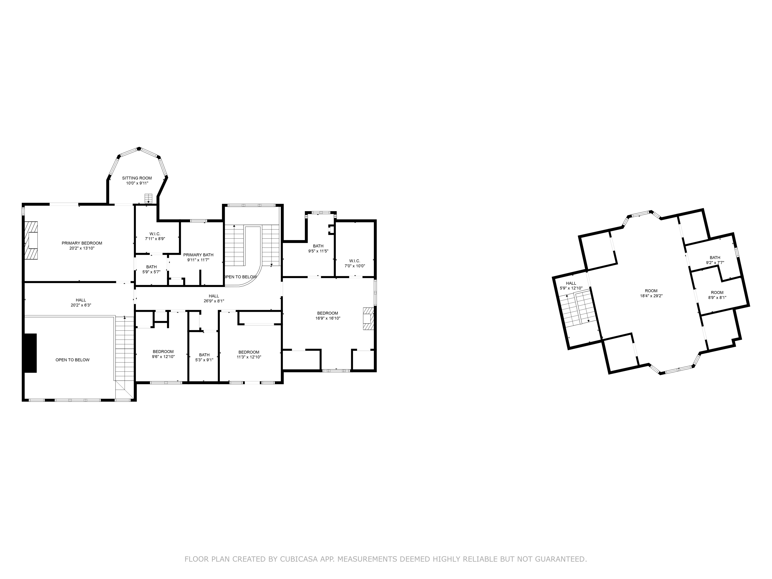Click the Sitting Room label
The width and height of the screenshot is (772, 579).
[x=137, y=178]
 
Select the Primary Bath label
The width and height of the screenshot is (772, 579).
[x=198, y=255]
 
